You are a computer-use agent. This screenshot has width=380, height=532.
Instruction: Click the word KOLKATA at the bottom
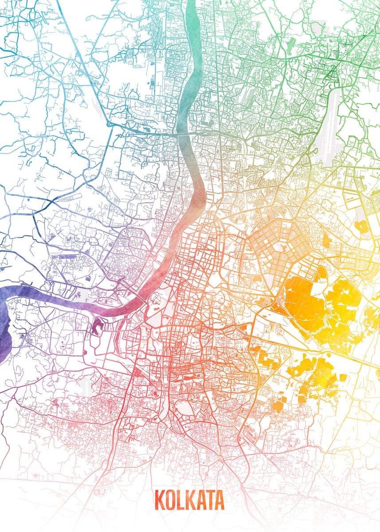189,500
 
